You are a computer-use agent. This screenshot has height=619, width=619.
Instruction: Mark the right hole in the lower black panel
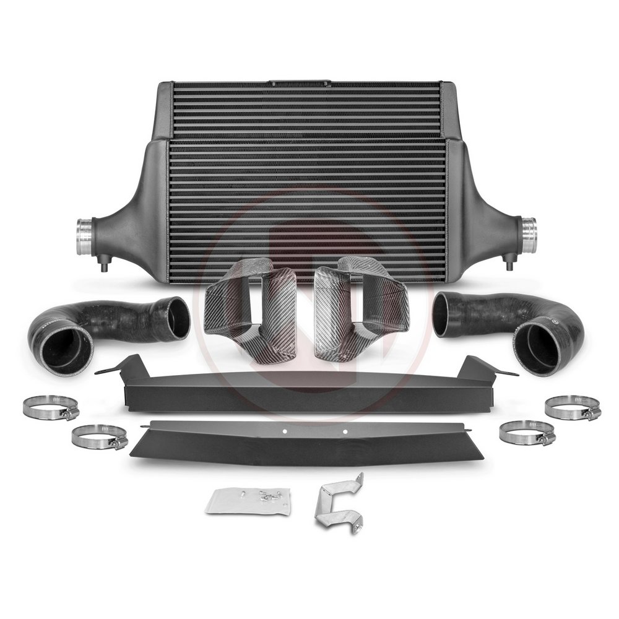[345, 431]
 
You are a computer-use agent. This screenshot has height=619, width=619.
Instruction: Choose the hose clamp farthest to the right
[573, 409]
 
